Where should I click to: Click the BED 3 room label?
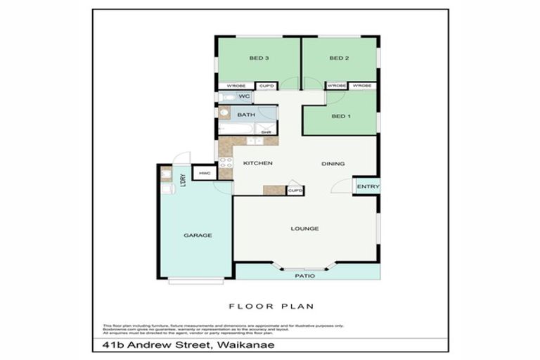(x=259, y=58)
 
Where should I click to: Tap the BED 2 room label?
(x=340, y=58)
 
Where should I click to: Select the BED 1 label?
(x=340, y=116)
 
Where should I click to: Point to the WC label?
(x=244, y=96)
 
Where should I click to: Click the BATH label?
(x=245, y=115)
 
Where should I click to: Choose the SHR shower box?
(x=266, y=130)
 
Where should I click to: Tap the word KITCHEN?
(x=257, y=164)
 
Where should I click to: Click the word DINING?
(x=333, y=164)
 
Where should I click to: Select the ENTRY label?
(x=368, y=186)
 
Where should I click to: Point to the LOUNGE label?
(x=304, y=229)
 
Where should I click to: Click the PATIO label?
(x=304, y=276)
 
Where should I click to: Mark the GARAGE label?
(x=198, y=236)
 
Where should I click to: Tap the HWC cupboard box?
(x=205, y=173)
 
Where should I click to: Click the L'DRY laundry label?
(x=182, y=180)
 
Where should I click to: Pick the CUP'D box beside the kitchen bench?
(x=295, y=191)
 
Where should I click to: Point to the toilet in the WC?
(x=224, y=96)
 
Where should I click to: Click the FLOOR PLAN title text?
(x=271, y=306)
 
